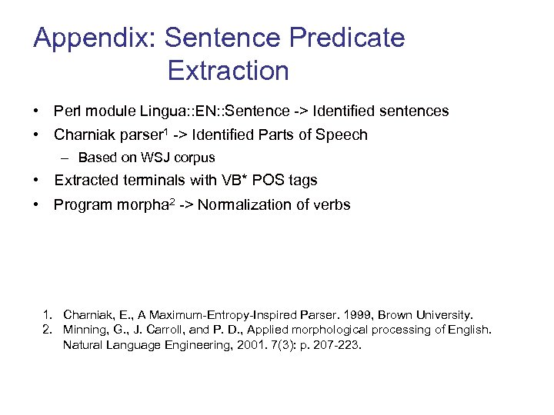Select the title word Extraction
click(x=228, y=71)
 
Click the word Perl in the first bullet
click(x=66, y=111)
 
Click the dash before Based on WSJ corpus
click(x=67, y=158)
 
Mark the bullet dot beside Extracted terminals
click(x=37, y=181)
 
